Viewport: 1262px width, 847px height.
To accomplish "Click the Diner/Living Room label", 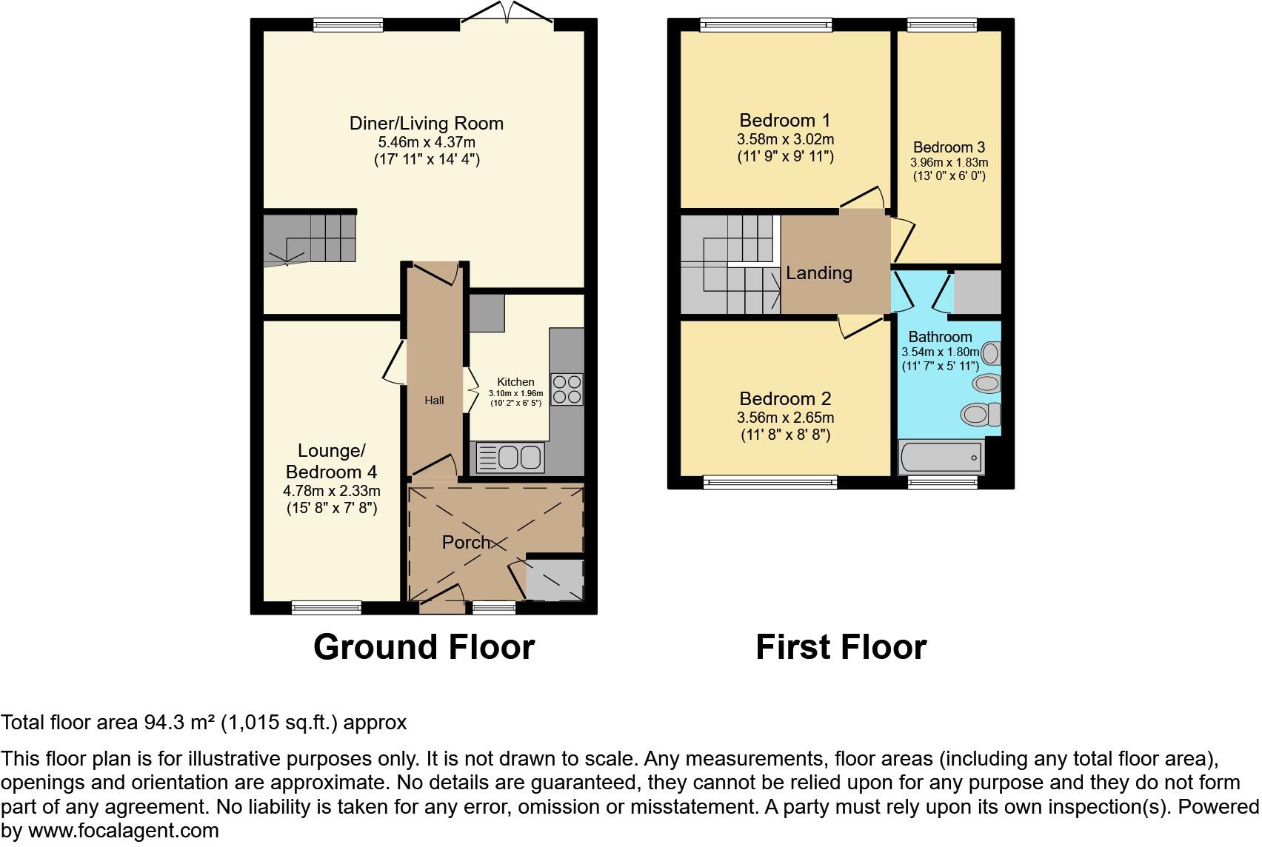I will click(x=426, y=123).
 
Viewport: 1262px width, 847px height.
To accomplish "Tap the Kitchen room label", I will click(x=515, y=382).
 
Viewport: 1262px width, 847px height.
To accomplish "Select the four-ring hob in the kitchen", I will click(x=567, y=389).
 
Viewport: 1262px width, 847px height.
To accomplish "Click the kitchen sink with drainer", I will click(x=510, y=457).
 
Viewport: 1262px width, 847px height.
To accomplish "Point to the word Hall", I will click(x=434, y=401).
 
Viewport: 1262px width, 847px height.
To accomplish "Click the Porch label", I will click(x=466, y=543).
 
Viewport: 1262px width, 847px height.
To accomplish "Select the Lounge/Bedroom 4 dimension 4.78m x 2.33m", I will click(x=331, y=491).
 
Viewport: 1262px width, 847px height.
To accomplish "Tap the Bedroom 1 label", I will click(x=784, y=120).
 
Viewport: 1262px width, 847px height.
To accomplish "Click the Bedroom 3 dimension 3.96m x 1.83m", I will click(x=949, y=163).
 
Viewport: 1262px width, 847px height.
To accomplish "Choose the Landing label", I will click(x=818, y=273).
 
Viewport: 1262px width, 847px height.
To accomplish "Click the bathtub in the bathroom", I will click(x=941, y=457).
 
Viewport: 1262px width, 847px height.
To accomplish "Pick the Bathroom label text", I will click(x=940, y=337).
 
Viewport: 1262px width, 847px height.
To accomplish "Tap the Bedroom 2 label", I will click(x=784, y=399).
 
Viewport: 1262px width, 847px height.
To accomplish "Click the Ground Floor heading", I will click(x=424, y=646).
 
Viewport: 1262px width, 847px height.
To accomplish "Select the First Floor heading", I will click(x=841, y=646).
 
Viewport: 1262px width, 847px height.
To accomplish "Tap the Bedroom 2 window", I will click(x=770, y=483).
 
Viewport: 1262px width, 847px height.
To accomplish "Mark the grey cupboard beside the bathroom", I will click(x=977, y=292).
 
